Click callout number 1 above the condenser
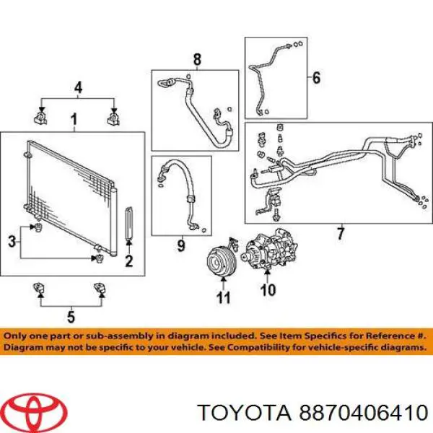(x=74, y=120)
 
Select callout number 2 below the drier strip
(x=129, y=261)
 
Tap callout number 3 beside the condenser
(x=12, y=242)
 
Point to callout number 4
(x=79, y=87)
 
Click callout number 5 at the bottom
(x=71, y=317)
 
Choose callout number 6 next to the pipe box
(x=316, y=78)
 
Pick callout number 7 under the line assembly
(x=341, y=234)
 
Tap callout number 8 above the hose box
(x=197, y=59)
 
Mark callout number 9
(x=181, y=245)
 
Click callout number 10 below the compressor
(x=268, y=289)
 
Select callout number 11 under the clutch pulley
(x=223, y=297)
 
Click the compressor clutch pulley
(x=222, y=261)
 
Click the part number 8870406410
(x=364, y=413)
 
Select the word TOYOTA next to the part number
(x=245, y=413)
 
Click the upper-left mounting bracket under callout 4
(x=40, y=118)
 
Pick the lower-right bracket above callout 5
(x=100, y=288)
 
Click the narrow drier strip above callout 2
(x=129, y=222)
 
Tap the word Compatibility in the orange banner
(x=251, y=347)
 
